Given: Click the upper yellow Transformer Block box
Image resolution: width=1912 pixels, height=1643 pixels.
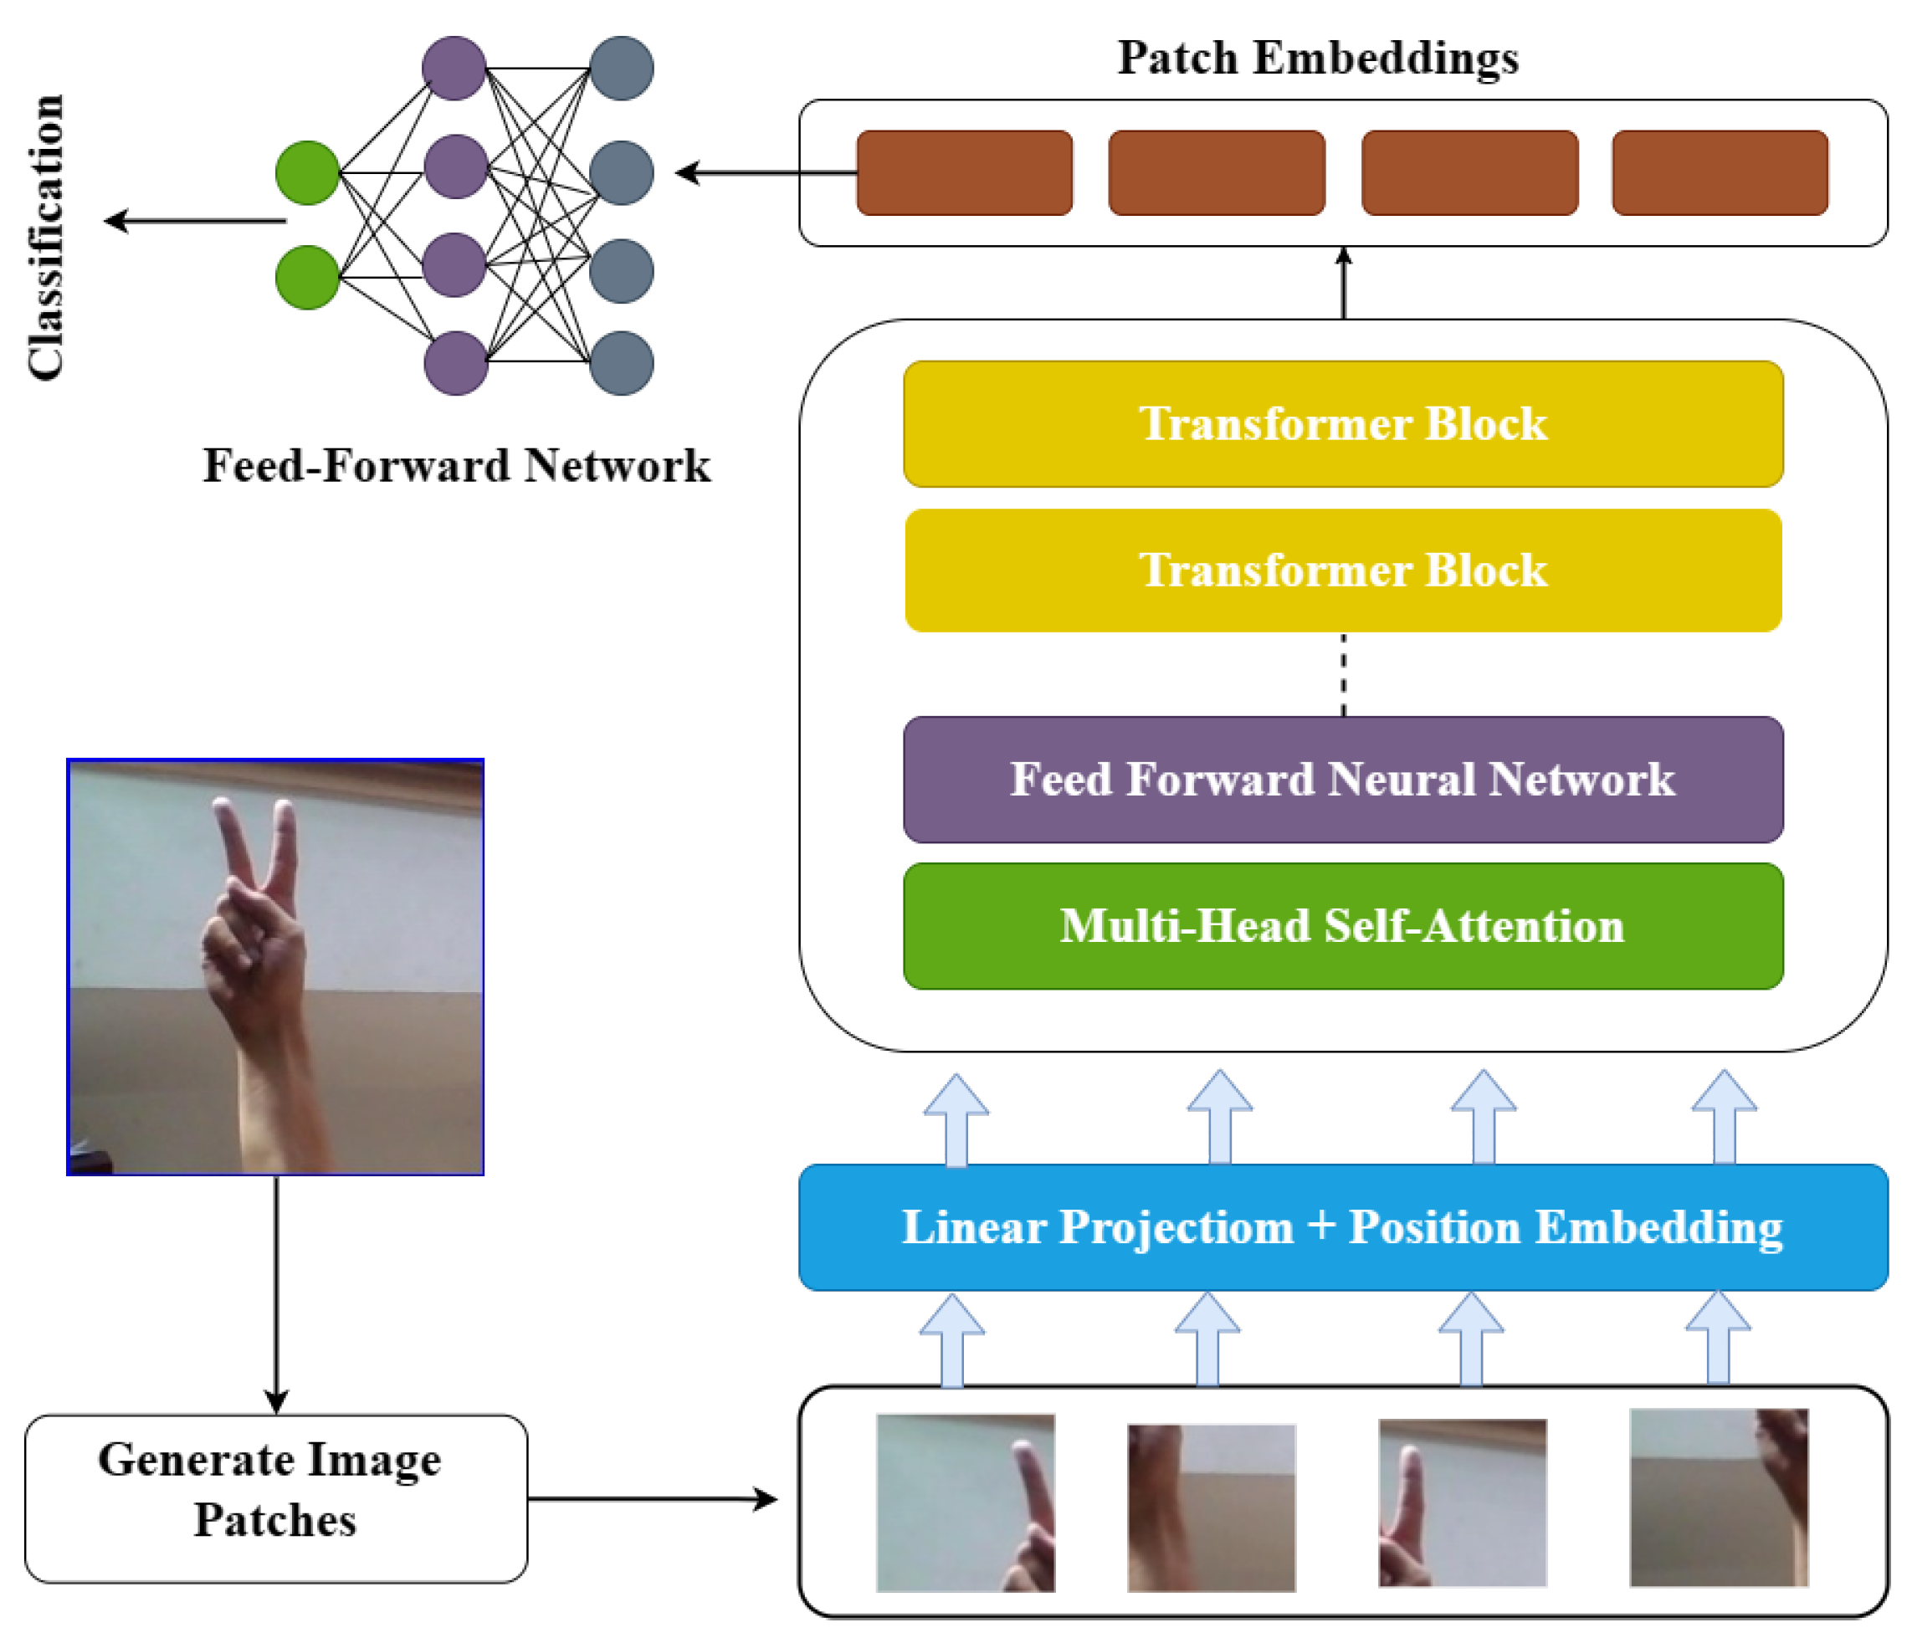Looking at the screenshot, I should tap(1343, 423).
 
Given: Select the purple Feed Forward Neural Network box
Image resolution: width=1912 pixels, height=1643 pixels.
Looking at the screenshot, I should tap(1343, 780).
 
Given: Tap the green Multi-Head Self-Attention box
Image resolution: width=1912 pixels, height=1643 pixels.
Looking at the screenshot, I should tap(1343, 925).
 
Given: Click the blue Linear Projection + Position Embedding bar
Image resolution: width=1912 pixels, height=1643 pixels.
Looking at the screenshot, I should tap(1343, 1227).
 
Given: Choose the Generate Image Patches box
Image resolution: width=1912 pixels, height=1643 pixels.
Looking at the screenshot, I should tap(275, 1499).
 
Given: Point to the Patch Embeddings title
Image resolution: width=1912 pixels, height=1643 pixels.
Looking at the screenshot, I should tap(1318, 58).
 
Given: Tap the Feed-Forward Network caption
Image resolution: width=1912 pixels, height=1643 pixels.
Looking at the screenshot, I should tap(457, 465).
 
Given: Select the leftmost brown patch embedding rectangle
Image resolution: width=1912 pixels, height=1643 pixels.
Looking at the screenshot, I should tap(964, 172).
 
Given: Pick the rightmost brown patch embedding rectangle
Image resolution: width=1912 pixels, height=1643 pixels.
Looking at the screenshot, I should tap(1720, 172).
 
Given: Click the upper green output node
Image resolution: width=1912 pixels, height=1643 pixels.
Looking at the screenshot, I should tap(307, 172).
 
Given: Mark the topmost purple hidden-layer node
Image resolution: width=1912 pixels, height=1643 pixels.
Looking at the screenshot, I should tap(454, 69).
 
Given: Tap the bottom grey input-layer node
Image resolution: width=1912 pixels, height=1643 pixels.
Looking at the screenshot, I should tap(621, 362).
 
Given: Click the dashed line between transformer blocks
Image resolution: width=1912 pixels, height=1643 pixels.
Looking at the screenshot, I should tap(1343, 674).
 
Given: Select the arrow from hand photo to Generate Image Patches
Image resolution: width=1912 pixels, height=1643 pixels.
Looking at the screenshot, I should tap(276, 1292).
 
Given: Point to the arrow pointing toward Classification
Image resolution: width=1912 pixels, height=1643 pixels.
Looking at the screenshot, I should tap(194, 222).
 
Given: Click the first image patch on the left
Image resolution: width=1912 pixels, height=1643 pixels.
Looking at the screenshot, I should tap(966, 1502).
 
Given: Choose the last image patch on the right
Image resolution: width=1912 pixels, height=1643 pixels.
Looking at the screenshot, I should tap(1718, 1497).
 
